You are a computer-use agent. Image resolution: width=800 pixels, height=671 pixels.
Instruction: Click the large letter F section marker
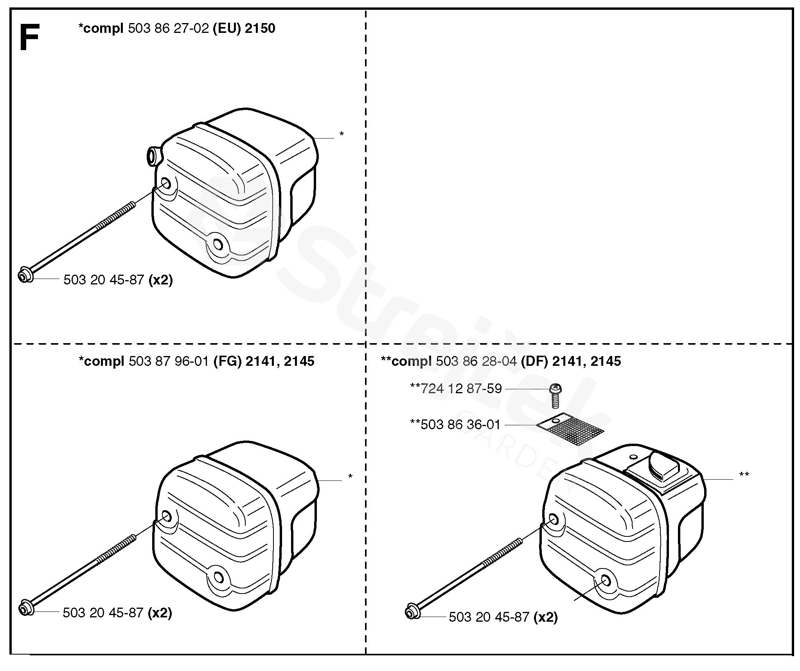point(29,38)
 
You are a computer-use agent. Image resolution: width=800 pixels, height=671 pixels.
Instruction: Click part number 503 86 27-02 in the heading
point(168,29)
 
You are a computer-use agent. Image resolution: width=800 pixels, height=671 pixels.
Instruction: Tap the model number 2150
point(260,29)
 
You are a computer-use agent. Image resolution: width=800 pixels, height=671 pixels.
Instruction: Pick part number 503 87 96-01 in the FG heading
point(169,361)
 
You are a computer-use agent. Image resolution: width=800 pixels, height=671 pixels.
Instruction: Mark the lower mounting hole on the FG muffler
point(218,577)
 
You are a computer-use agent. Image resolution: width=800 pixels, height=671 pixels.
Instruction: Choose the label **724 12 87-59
point(456,389)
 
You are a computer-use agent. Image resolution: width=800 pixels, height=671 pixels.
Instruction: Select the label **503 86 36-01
point(455,425)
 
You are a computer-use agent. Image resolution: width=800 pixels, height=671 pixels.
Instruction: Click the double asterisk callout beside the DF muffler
point(744,475)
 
